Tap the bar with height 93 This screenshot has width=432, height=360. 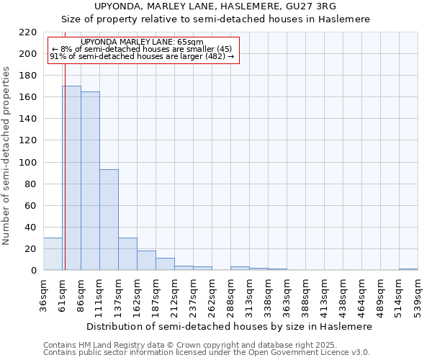coord(109,220)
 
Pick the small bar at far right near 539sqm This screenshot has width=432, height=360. coord(408,269)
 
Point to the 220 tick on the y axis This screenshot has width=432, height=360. coord(27,32)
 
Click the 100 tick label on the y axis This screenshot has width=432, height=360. coord(27,163)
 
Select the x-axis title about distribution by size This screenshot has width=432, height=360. coord(229,326)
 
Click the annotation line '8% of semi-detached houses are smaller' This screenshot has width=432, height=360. coord(142,49)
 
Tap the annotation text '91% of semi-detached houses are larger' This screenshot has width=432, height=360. coord(142,56)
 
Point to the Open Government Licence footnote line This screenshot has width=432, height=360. coord(206,352)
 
